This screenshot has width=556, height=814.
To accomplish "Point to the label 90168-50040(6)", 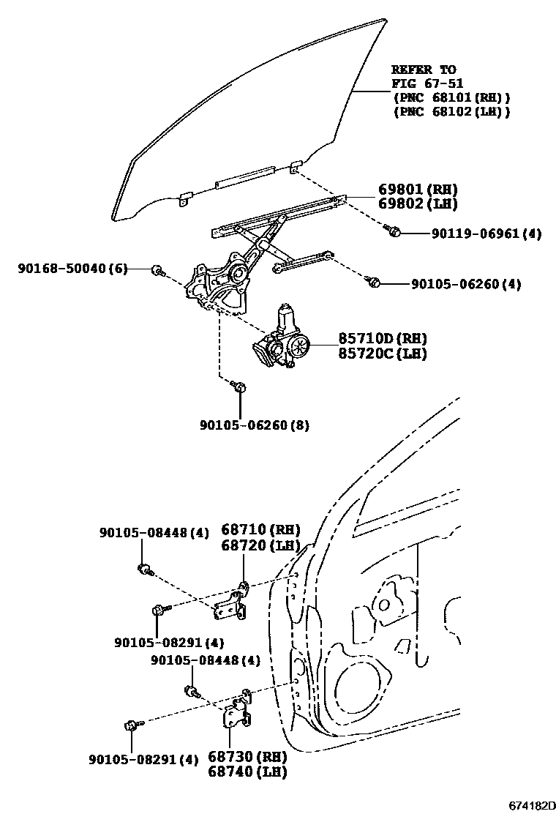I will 72,269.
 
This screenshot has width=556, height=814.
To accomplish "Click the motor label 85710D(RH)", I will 383,339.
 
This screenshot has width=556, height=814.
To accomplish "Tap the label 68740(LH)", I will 247,772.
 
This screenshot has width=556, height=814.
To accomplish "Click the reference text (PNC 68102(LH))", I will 451,111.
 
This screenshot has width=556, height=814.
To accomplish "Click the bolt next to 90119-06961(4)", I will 393,232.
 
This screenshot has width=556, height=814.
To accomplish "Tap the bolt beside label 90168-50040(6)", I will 157,272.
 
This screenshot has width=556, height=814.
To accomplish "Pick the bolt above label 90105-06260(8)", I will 240,386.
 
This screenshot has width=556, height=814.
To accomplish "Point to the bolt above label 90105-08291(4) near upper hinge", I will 159,609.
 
